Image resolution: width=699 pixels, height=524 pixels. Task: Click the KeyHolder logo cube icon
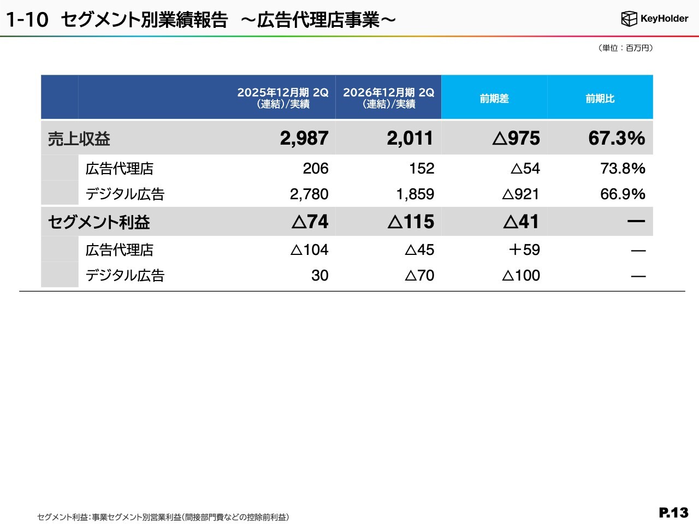tap(629, 19)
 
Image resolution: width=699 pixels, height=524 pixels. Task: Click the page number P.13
tap(673, 513)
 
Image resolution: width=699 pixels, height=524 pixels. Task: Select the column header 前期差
tap(494, 98)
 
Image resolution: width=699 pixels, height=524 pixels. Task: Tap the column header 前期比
tap(600, 98)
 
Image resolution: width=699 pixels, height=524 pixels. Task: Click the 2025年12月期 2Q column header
tap(283, 98)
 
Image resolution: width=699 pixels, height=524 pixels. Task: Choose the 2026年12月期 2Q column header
tap(388, 98)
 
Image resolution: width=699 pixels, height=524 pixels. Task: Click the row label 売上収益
tap(79, 139)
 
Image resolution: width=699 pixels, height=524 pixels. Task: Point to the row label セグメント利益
tap(99, 222)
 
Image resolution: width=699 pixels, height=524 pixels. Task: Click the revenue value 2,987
tap(304, 139)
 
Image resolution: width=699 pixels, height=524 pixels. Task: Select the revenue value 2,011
tap(410, 139)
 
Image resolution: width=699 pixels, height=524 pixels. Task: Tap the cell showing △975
tap(516, 139)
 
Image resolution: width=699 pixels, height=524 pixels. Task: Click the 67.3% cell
tap(617, 139)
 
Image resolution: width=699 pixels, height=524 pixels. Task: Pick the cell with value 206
tap(316, 168)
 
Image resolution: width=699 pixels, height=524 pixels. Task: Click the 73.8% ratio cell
tap(623, 168)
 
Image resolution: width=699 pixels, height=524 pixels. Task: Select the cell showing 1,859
tap(415, 194)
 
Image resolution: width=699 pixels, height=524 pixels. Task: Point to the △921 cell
tap(520, 194)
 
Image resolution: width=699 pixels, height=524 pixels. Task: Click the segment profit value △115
tap(411, 222)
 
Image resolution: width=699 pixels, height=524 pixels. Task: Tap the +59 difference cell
tap(524, 250)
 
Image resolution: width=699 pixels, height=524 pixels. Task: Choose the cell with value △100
tap(521, 275)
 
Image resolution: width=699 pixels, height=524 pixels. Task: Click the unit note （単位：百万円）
tap(625, 48)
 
